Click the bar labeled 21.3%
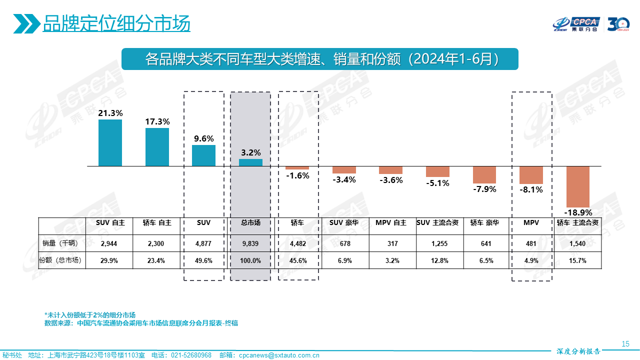[x=110, y=142]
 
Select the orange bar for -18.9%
[x=578, y=186]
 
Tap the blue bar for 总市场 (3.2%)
[x=250, y=162]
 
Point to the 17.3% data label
[x=157, y=121]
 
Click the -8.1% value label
[x=531, y=189]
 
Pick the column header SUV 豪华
[x=344, y=223]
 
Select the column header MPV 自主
[x=391, y=223]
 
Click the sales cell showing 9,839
[x=250, y=243]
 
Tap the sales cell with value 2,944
[x=108, y=243]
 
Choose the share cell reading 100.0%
[x=250, y=260]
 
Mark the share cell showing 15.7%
[x=577, y=260]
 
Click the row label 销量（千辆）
[x=62, y=243]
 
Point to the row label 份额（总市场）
[x=62, y=260]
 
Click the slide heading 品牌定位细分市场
[x=116, y=23]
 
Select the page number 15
[x=625, y=343]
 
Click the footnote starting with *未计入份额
[x=90, y=315]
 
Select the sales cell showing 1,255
[x=437, y=243]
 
